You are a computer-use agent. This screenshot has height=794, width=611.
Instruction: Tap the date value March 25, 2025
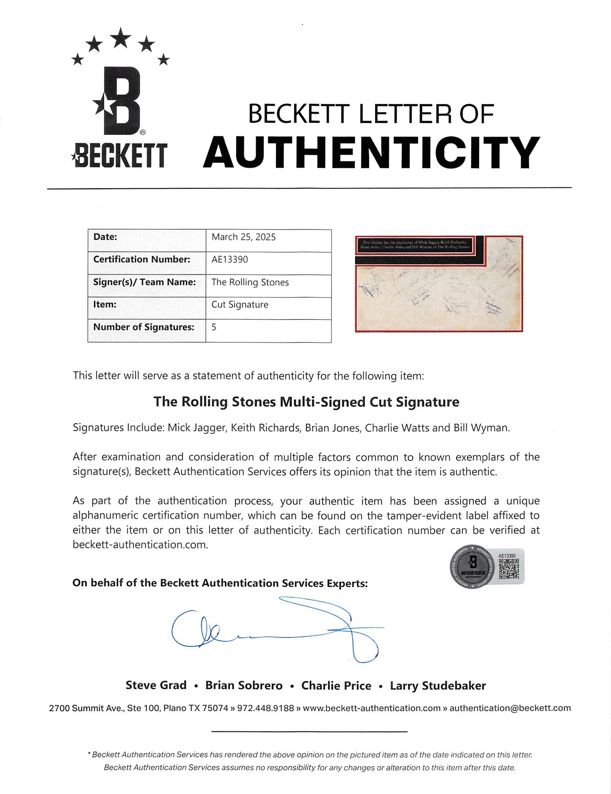pyautogui.click(x=244, y=237)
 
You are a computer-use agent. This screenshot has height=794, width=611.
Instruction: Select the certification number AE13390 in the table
pyautogui.click(x=230, y=260)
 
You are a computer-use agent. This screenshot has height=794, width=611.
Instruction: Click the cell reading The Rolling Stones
pyautogui.click(x=250, y=282)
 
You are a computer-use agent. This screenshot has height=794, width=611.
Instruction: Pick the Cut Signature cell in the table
pyautogui.click(x=240, y=305)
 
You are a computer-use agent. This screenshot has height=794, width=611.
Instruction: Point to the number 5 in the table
pyautogui.click(x=214, y=327)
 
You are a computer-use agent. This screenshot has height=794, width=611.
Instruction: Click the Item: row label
pyautogui.click(x=105, y=304)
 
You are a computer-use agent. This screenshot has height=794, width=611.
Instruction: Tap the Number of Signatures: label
pyautogui.click(x=144, y=327)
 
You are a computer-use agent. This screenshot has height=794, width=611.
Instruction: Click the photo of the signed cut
pyautogui.click(x=439, y=284)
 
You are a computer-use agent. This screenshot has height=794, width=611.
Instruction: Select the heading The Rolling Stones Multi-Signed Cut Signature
pyautogui.click(x=306, y=402)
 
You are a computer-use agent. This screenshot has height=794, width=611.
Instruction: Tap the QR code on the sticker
pyautogui.click(x=508, y=569)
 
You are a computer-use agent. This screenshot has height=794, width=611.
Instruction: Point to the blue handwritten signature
pyautogui.click(x=277, y=630)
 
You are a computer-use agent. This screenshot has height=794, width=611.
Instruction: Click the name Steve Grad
pyautogui.click(x=156, y=686)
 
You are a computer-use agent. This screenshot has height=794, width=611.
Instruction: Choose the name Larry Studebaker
pyautogui.click(x=438, y=686)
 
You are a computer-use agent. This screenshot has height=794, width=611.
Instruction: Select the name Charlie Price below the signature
pyautogui.click(x=336, y=686)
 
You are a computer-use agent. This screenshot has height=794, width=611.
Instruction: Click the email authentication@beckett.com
pyautogui.click(x=510, y=708)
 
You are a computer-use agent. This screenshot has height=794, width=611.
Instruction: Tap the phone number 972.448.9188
pyautogui.click(x=265, y=708)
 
